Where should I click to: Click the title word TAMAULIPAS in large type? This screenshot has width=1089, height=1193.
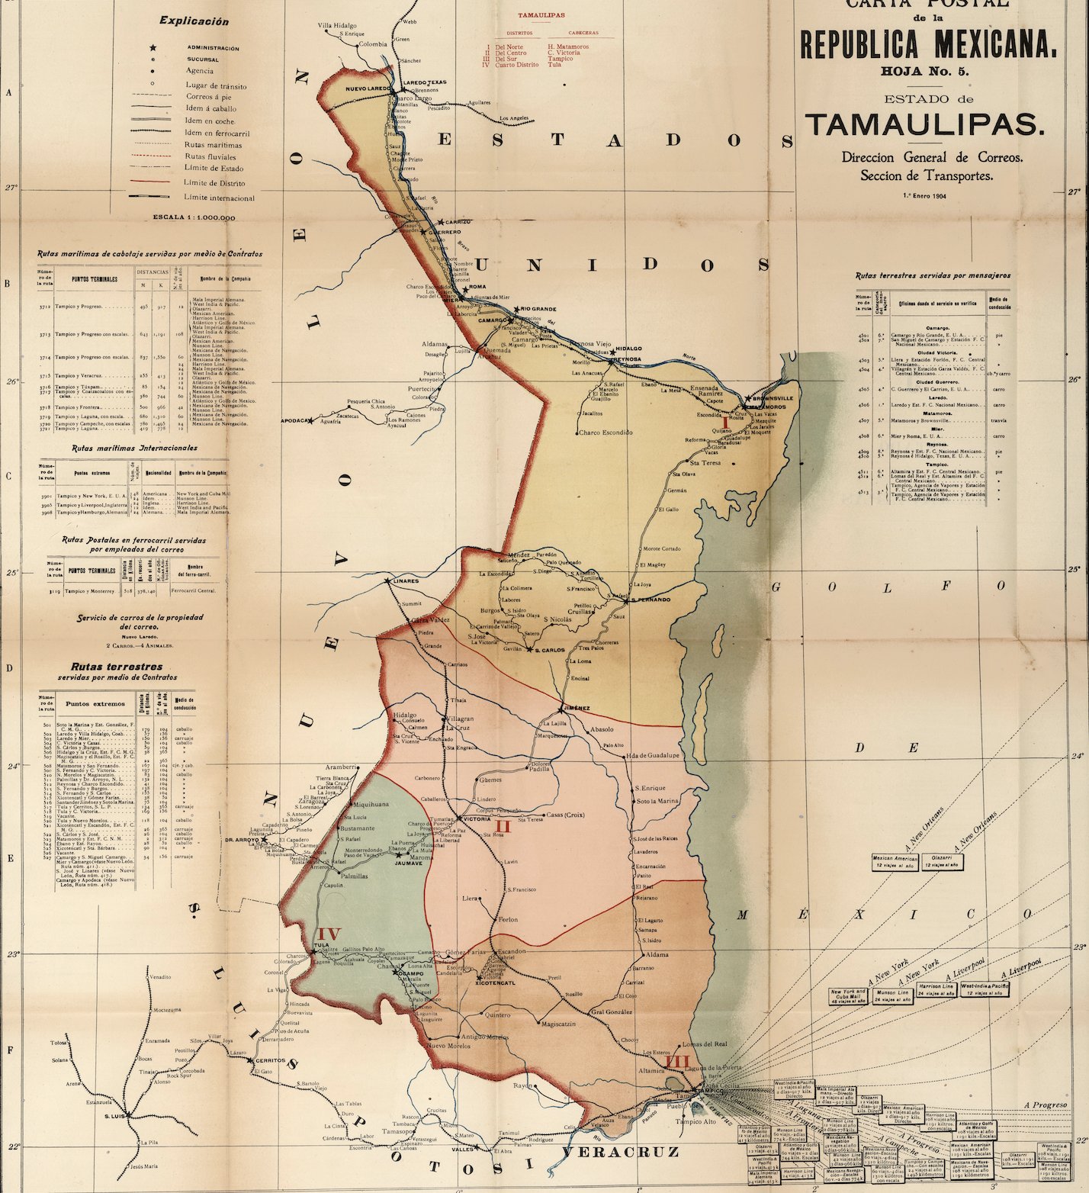click(924, 124)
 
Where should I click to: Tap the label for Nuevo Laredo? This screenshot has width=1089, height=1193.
click(368, 89)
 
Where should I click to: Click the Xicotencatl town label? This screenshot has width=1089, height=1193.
click(496, 983)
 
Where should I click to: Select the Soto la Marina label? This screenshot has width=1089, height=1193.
click(657, 801)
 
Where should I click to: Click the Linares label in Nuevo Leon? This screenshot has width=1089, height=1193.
click(406, 581)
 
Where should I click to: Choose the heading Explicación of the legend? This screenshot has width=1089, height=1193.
click(194, 21)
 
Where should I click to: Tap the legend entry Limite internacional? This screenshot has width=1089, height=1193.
click(219, 198)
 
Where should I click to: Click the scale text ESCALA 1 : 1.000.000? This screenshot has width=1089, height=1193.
click(194, 217)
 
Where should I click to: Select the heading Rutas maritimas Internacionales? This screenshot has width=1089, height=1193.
click(134, 449)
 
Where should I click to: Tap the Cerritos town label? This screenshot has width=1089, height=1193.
click(270, 1061)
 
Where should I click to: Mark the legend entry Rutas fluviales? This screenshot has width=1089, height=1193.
click(210, 156)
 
